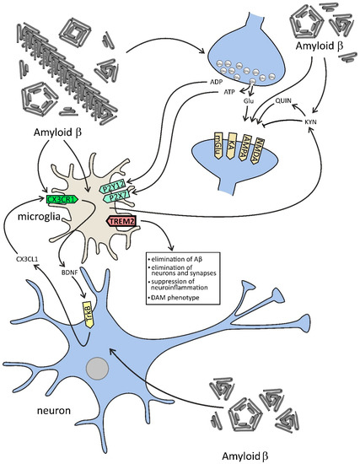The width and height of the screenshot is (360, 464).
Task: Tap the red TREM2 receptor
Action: (121, 221)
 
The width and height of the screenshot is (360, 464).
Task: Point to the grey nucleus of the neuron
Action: (124, 368)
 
